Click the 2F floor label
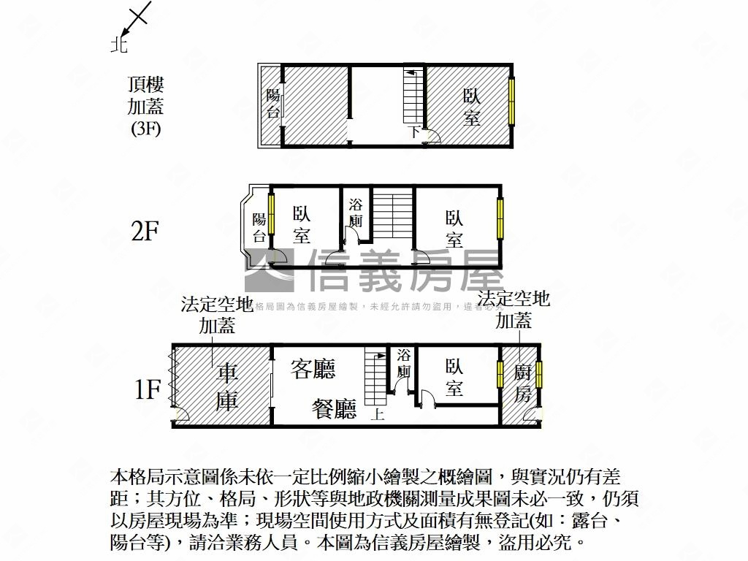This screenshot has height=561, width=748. (145, 232)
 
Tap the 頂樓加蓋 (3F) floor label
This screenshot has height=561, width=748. (145, 107)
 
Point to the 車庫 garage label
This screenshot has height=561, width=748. (227, 387)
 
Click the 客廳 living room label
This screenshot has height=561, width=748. (313, 369)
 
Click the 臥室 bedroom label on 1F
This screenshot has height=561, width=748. (454, 377)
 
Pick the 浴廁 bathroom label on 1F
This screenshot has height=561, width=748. (404, 363)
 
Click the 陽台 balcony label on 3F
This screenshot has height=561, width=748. (272, 103)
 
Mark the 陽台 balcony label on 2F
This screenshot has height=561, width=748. (259, 227)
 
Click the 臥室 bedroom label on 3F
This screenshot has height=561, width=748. (471, 107)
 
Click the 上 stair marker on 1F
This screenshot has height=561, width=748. (378, 414)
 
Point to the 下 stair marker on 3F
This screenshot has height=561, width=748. (413, 132)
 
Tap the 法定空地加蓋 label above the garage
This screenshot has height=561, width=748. (217, 314)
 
